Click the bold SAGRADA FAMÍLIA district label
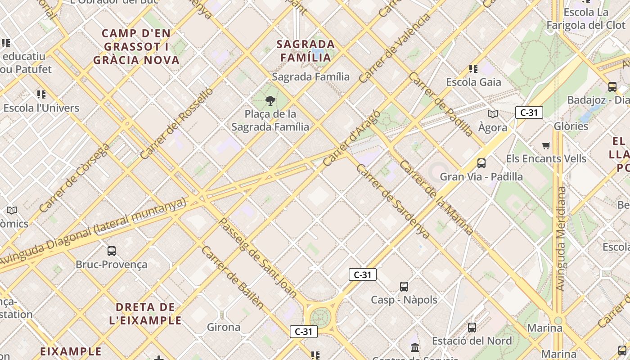(306, 50)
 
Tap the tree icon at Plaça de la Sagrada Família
(270, 100)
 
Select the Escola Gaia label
(473, 82)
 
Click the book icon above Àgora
(493, 114)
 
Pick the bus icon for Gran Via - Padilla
(481, 163)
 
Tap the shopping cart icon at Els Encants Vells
(546, 145)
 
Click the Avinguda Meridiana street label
(560, 238)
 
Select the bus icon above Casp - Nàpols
(404, 286)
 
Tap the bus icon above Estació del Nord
(472, 327)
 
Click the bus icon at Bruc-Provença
(112, 251)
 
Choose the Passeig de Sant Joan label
(258, 257)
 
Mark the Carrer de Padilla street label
(441, 104)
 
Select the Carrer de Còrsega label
(74, 178)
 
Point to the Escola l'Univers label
(41, 108)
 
